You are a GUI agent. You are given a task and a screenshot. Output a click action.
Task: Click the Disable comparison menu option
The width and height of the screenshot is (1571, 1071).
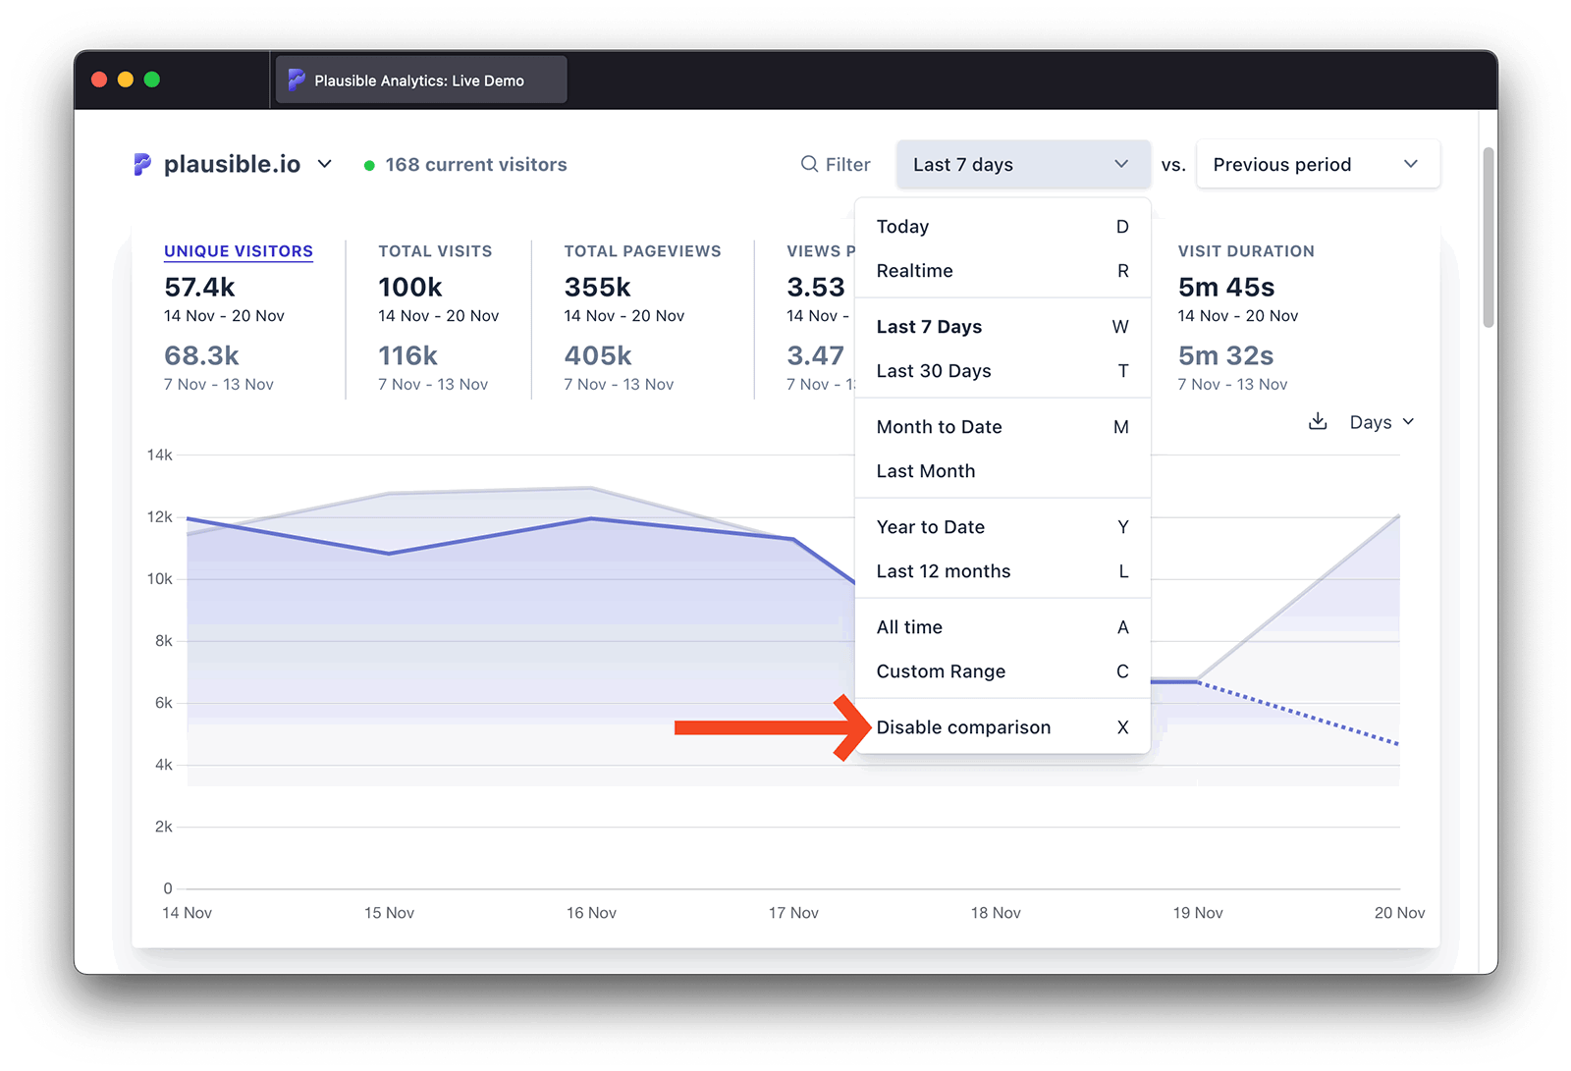click(x=963, y=727)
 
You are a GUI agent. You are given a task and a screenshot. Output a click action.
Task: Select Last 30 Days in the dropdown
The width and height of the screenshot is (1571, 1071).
click(x=934, y=371)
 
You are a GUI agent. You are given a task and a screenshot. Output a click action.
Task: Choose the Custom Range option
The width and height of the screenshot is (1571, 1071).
click(x=941, y=671)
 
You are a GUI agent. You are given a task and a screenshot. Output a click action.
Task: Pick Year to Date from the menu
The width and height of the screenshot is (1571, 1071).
click(x=930, y=527)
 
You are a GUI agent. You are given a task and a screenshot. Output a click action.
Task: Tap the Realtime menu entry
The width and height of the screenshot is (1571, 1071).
click(x=914, y=271)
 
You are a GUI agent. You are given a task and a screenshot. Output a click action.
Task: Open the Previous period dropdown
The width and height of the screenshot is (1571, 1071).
click(x=1317, y=165)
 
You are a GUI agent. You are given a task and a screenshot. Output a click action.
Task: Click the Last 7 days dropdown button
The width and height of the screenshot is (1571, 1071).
click(x=1022, y=165)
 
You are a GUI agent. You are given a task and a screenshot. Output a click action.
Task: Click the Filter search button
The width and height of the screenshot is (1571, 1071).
click(x=836, y=165)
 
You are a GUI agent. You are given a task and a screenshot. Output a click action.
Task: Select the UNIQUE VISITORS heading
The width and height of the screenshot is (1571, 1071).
click(x=239, y=251)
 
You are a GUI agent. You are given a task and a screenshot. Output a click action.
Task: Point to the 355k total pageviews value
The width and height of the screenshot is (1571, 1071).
click(x=597, y=288)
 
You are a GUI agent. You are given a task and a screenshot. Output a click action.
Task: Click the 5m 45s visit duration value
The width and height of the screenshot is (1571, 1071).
click(x=1226, y=288)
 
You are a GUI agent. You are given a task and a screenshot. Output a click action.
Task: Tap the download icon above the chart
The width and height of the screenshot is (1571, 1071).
click(x=1318, y=422)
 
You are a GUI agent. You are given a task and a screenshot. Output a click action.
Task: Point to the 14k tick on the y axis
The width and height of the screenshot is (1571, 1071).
click(x=159, y=455)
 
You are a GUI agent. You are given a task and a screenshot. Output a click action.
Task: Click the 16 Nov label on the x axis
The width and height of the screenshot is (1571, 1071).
click(x=591, y=913)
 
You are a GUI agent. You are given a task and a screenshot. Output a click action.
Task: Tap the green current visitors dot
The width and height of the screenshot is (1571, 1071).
click(x=369, y=166)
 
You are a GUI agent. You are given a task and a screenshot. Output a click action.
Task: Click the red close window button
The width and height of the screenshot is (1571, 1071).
click(x=99, y=80)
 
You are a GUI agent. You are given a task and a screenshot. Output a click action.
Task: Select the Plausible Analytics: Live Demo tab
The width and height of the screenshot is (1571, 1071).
click(x=419, y=80)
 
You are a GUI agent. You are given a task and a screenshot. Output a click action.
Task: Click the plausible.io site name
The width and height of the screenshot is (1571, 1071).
click(x=232, y=165)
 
